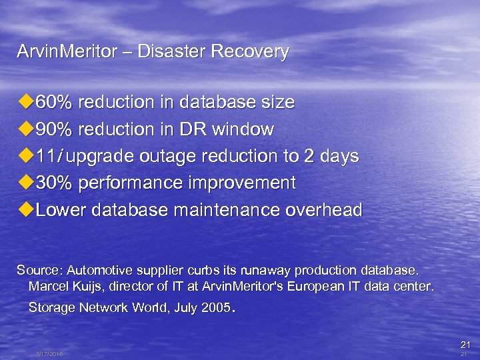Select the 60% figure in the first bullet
point(55,102)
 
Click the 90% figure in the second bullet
point(55,129)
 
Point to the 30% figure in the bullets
point(55,183)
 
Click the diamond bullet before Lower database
point(25,210)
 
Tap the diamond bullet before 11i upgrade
point(25,156)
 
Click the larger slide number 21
point(465,345)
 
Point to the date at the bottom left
point(49,354)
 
